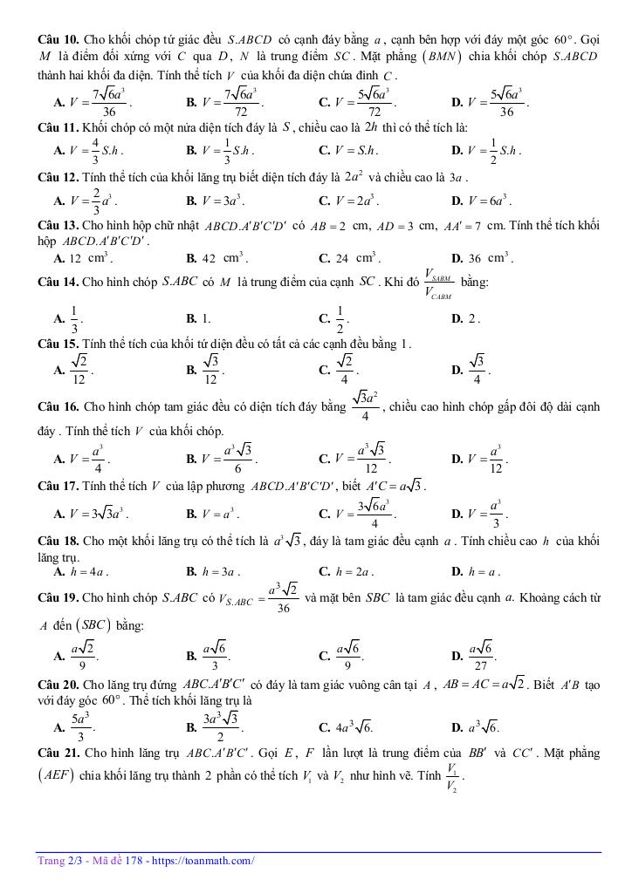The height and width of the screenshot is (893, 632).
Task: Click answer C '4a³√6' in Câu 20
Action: click(x=354, y=726)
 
